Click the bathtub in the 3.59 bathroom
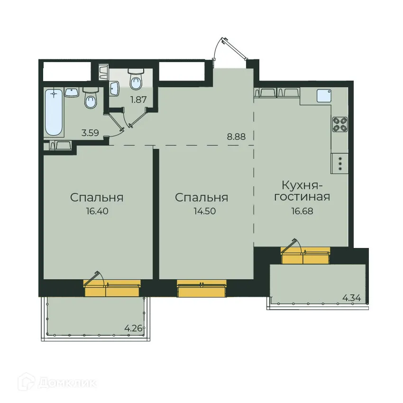[54, 112]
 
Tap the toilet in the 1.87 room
[136, 80]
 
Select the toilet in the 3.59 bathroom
[90, 98]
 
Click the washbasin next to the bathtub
[72, 92]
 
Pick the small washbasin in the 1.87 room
[114, 88]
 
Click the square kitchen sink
[324, 96]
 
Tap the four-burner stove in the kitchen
[339, 124]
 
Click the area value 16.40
[97, 211]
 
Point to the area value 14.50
[201, 211]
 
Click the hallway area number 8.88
[236, 137]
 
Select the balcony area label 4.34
[351, 298]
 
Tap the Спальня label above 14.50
[201, 197]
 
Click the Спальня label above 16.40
[97, 197]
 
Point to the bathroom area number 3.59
[90, 133]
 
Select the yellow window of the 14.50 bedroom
[201, 288]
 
